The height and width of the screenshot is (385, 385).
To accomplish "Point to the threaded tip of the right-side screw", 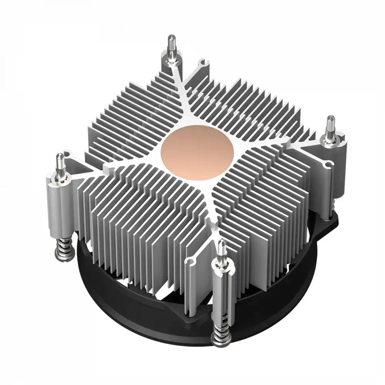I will click(332, 124).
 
